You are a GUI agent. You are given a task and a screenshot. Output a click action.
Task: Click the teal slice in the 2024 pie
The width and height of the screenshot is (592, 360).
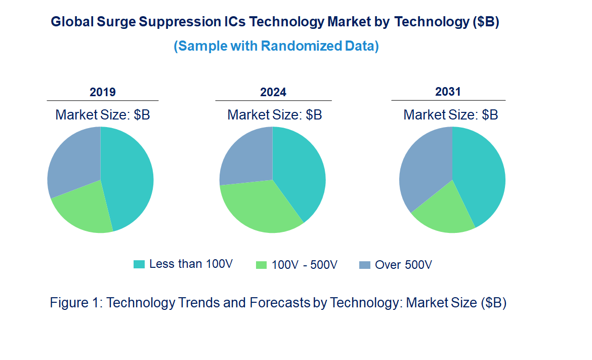click(301, 172)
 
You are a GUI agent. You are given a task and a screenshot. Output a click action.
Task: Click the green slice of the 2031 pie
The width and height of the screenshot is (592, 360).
click(445, 213)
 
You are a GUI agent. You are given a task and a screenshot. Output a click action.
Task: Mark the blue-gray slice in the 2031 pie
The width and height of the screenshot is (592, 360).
click(422, 167)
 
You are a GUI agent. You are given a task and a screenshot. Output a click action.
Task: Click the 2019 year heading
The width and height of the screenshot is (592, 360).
click(103, 92)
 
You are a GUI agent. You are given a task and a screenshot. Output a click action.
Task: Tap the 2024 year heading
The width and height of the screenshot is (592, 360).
click(273, 92)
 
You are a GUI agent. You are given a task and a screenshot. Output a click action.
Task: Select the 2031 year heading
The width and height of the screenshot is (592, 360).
click(448, 92)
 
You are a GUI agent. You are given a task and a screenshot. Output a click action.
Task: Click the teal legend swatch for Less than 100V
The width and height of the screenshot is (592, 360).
click(139, 264)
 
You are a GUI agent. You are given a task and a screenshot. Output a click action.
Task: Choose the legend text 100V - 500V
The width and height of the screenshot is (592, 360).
click(304, 265)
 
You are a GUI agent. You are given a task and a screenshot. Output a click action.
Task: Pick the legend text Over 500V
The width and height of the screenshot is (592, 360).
click(403, 265)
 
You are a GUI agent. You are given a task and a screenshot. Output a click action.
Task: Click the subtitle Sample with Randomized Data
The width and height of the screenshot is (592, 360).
click(276, 46)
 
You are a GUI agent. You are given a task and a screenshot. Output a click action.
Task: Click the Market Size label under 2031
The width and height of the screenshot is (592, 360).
click(450, 115)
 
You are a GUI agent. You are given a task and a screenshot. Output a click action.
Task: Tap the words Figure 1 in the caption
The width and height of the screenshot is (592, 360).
click(71, 303)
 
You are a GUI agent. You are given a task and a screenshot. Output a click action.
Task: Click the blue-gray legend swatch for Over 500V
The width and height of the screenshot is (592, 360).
click(364, 265)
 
